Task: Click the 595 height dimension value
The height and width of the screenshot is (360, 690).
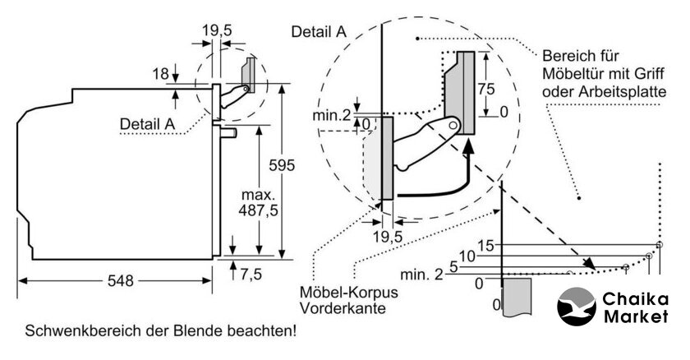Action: click(282, 165)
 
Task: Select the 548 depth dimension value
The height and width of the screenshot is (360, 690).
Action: click(120, 280)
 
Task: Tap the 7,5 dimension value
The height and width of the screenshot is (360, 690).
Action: click(251, 275)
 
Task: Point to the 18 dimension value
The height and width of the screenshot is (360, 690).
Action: click(161, 73)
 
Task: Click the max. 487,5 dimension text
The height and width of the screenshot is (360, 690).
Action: click(258, 203)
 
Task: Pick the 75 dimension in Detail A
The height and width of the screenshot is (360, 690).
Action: click(486, 89)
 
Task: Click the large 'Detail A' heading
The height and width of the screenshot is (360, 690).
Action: click(319, 32)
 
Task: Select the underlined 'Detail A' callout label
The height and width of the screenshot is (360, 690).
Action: click(147, 123)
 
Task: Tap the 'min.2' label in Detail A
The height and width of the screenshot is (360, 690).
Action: click(332, 115)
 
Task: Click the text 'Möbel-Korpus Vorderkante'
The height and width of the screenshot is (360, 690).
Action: click(348, 300)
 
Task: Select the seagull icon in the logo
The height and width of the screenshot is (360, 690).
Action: click(576, 307)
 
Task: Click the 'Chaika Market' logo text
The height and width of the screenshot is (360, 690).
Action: click(636, 307)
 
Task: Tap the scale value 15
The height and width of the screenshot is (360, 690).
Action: click(486, 246)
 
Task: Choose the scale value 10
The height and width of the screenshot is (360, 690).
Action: click(467, 256)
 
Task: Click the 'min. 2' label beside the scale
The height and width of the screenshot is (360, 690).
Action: click(421, 275)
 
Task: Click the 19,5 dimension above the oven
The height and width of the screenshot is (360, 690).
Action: click(217, 30)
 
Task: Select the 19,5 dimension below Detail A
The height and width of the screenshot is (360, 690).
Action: click(388, 237)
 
